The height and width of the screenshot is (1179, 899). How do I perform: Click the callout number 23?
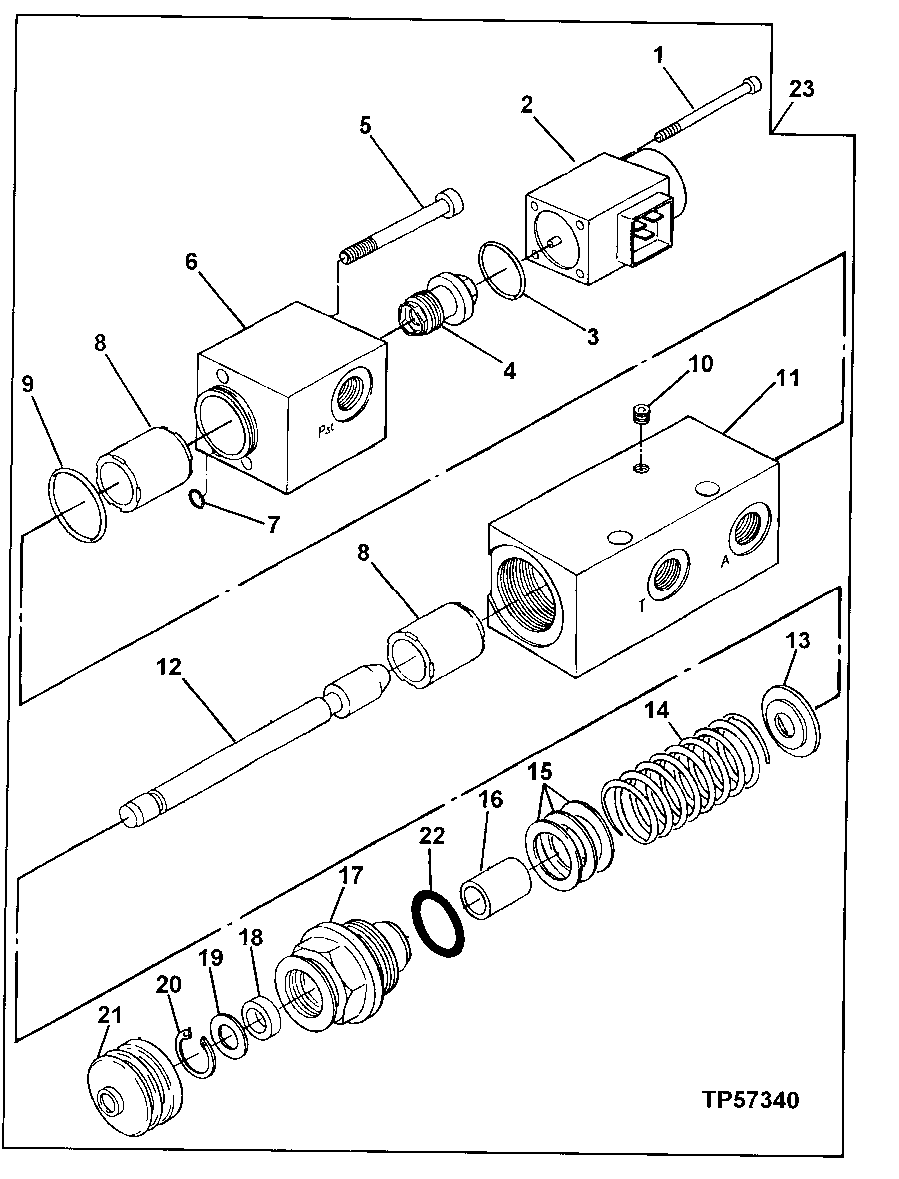(x=801, y=88)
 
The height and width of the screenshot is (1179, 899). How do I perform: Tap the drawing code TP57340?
(x=750, y=1100)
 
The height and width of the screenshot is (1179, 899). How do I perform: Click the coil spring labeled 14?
(x=680, y=774)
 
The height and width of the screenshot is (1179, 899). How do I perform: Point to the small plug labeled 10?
(x=644, y=412)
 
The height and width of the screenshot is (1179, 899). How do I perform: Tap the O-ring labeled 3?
(x=504, y=269)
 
